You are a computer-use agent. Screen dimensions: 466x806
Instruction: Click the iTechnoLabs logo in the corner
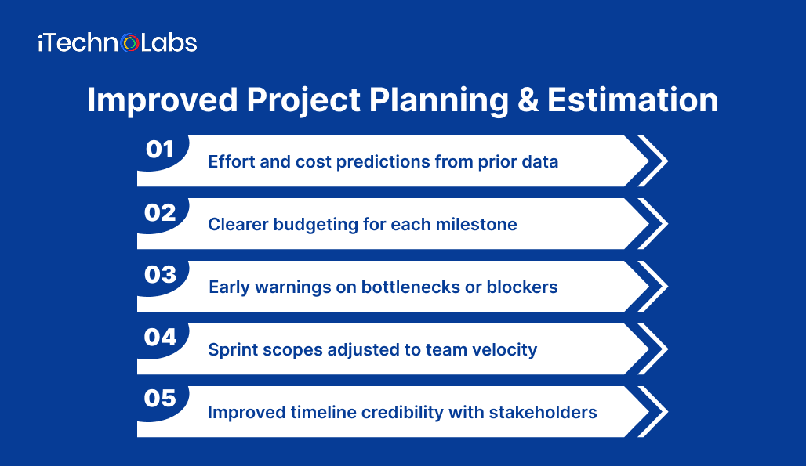(117, 42)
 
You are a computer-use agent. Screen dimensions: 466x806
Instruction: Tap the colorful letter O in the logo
(130, 43)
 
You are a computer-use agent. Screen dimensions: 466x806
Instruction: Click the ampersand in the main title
(529, 100)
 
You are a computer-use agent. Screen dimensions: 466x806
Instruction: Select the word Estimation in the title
(633, 100)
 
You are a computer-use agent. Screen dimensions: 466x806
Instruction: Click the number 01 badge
(161, 149)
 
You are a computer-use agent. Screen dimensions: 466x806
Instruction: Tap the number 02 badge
(161, 211)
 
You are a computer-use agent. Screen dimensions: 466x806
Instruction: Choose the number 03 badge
(161, 274)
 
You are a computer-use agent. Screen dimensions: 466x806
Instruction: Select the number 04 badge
(161, 337)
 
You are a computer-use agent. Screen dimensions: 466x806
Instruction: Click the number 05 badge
(161, 399)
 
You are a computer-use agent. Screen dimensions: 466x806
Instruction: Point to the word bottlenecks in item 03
(410, 287)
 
